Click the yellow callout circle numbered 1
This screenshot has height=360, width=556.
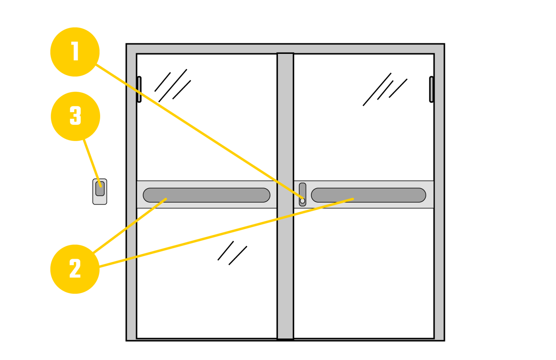point(75,52)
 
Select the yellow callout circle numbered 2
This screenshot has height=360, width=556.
point(75,269)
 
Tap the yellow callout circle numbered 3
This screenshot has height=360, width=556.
point(75,116)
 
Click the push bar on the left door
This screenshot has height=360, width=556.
point(206,195)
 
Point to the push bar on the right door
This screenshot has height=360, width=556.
point(369,195)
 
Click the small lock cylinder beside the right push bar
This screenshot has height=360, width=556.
point(303,194)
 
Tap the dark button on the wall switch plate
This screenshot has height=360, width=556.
point(100,189)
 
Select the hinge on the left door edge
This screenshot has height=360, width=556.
point(139,89)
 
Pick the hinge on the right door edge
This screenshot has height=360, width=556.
point(431,89)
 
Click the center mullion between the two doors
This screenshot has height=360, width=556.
point(285,196)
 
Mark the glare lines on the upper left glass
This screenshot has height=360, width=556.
point(173,85)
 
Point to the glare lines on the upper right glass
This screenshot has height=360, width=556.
point(385,89)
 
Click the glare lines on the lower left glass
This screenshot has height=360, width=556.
point(232,253)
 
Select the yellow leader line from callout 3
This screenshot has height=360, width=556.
point(92,163)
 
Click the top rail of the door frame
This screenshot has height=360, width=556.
point(285,49)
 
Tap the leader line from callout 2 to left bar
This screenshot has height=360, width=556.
point(130,226)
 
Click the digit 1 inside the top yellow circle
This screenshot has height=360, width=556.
point(75,51)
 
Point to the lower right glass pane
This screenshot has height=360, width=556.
point(364,273)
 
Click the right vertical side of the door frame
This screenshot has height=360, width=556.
point(439,193)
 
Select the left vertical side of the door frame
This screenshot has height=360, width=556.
point(132,193)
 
